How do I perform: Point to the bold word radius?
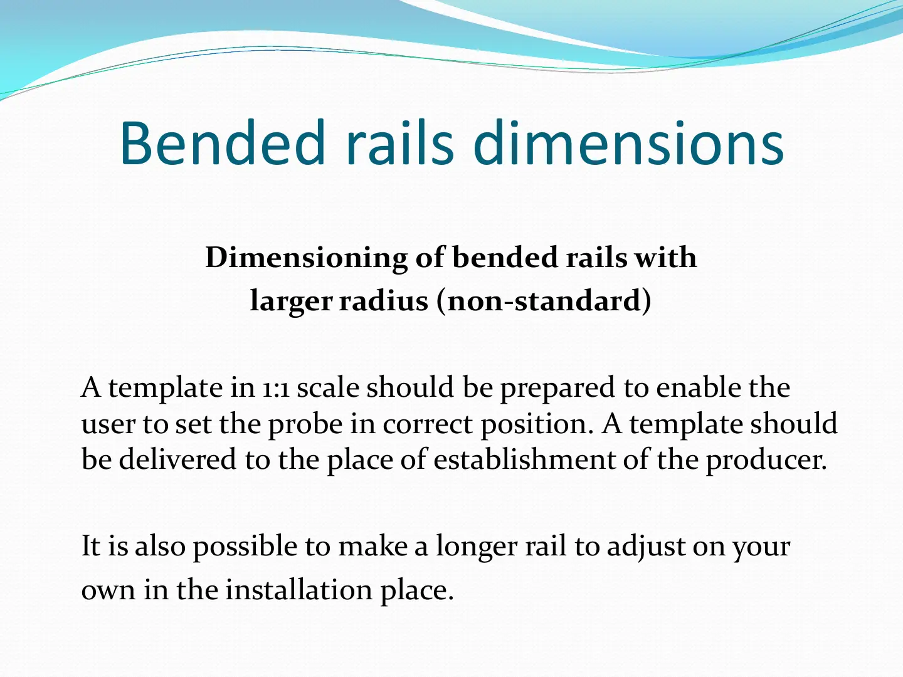[x=383, y=301]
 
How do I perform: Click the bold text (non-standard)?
[x=544, y=302]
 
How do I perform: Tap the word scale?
[x=329, y=387]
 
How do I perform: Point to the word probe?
[x=305, y=424]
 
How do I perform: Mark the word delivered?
[x=177, y=460]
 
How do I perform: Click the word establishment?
[x=524, y=460]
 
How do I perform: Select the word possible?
[x=245, y=547]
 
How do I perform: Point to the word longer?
[x=477, y=547]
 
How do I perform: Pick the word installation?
[x=299, y=590]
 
